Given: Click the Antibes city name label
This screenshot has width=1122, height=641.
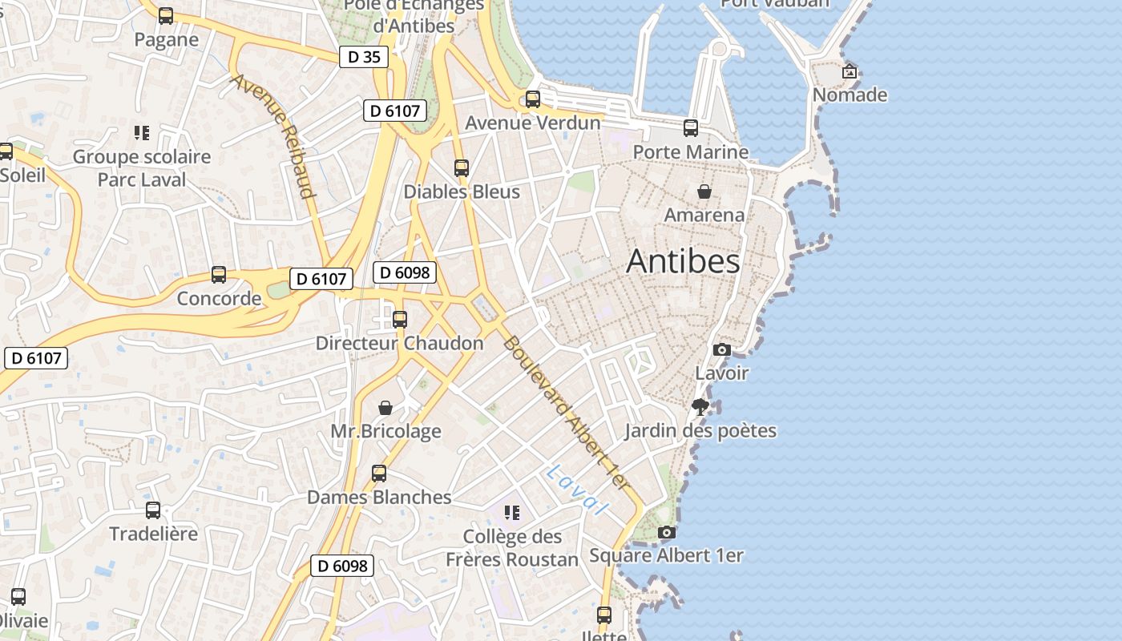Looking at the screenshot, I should click(x=683, y=261).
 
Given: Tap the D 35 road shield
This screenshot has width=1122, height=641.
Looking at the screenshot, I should click(x=364, y=57).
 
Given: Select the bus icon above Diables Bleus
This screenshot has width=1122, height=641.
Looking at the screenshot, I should click(x=461, y=168).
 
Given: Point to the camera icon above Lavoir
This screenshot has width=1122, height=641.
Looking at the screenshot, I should click(x=721, y=349).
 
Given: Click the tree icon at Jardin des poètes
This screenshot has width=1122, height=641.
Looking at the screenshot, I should click(x=700, y=406).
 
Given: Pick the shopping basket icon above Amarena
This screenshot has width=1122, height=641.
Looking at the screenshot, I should click(x=704, y=191).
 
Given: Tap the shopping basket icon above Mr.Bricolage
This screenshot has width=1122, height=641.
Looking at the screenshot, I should click(x=385, y=408).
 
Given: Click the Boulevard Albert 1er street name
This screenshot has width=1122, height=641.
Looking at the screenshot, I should click(x=566, y=413).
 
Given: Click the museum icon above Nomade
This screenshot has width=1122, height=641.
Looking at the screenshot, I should click(x=850, y=71).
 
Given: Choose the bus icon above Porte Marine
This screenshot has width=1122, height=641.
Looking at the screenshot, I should click(x=690, y=128).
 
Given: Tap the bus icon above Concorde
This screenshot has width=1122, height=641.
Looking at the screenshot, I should click(x=219, y=275).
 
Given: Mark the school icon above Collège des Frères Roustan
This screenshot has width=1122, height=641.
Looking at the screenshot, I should click(x=511, y=513).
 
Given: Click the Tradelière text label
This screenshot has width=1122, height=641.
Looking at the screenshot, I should click(x=153, y=534).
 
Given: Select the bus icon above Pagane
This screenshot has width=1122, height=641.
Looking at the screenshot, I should click(x=166, y=16).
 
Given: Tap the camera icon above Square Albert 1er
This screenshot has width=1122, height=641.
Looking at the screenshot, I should click(x=666, y=532).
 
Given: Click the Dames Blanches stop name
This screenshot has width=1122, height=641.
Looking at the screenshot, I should click(x=379, y=497).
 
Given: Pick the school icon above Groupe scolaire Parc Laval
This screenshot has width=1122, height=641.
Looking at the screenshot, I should click(x=142, y=133).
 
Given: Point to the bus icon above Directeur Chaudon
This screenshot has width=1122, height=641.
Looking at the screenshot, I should click(x=399, y=320).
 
